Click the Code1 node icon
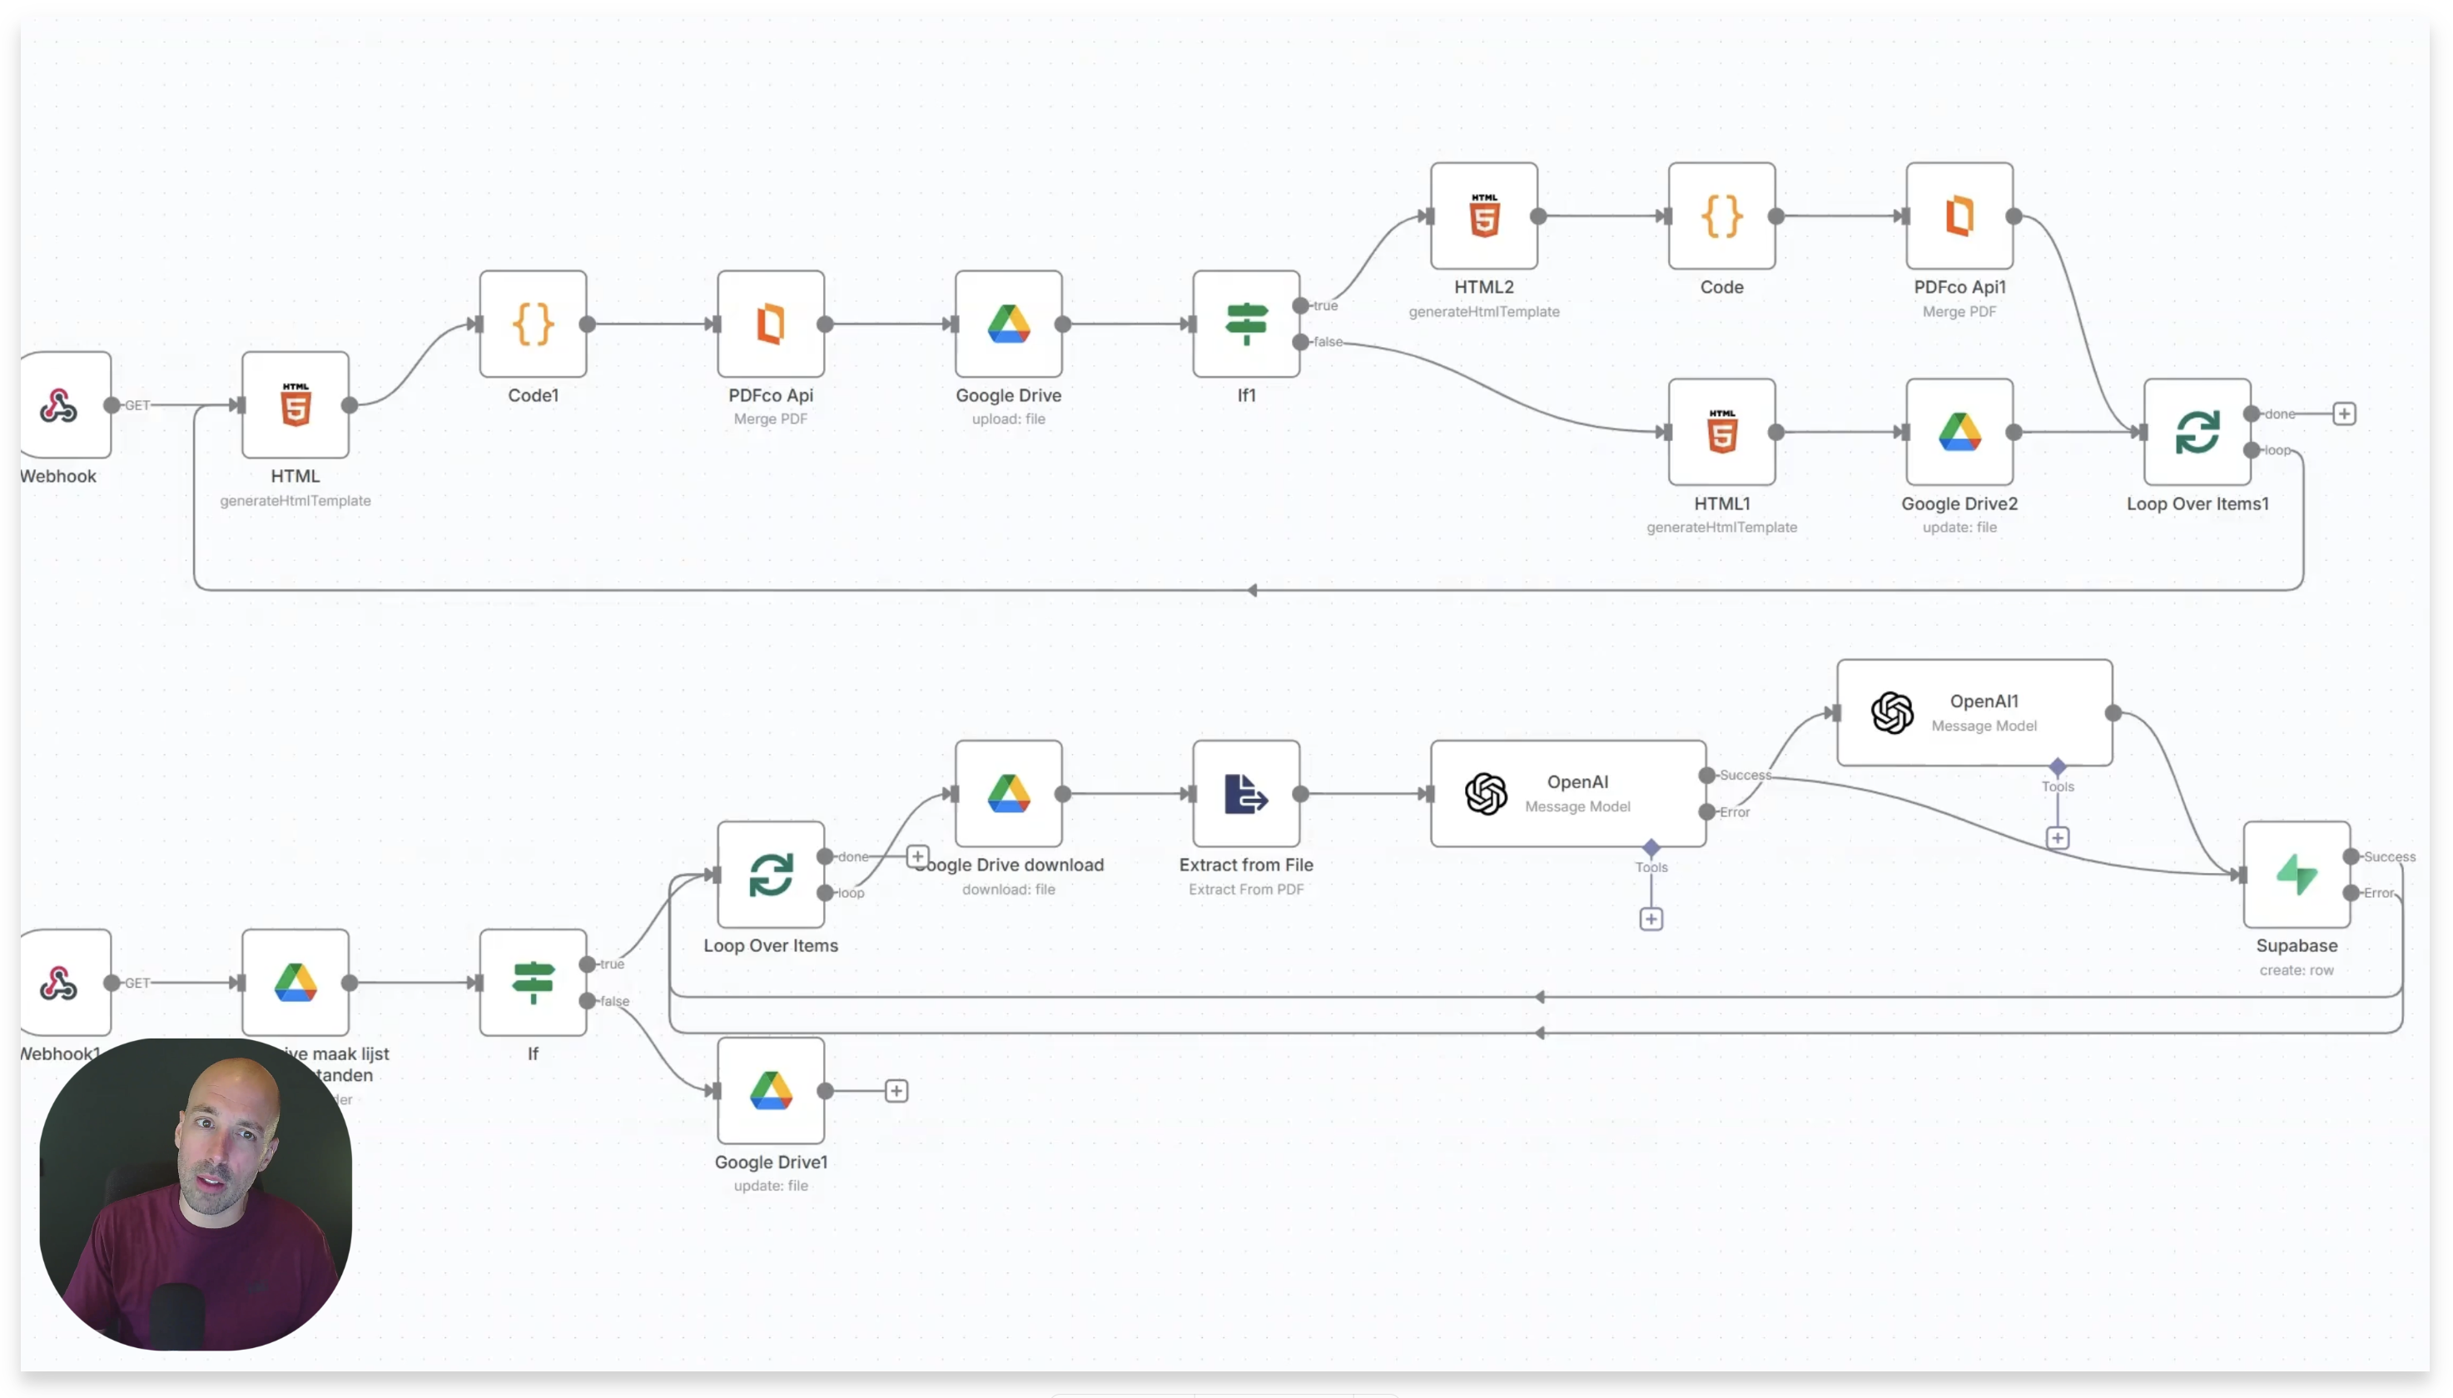coord(533,324)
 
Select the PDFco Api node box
coord(770,324)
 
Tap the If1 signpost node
coord(1246,324)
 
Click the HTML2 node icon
coord(1484,216)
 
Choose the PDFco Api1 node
coord(1959,216)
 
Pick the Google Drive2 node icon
coord(1959,432)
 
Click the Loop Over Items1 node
coord(2197,432)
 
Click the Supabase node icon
coord(2297,874)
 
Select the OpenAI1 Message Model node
coord(1974,712)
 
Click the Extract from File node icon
coord(1246,793)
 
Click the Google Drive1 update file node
coord(770,1090)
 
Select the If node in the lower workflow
coord(533,982)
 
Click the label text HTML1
coord(1721,503)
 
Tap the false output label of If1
coord(1328,342)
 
